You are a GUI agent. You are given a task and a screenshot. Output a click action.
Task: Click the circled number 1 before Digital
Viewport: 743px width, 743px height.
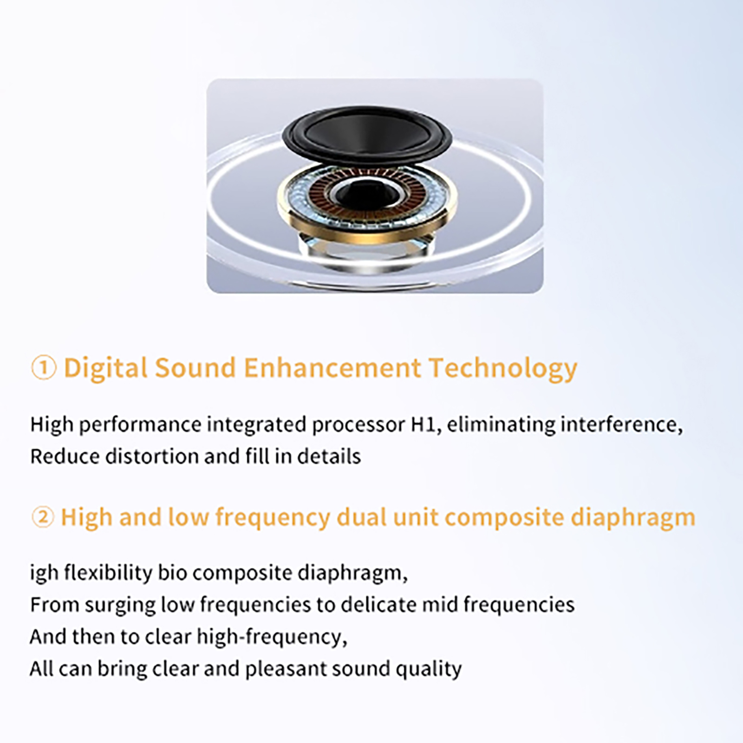coord(44,368)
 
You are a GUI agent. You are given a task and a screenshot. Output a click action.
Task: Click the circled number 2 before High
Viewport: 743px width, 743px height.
coord(43,517)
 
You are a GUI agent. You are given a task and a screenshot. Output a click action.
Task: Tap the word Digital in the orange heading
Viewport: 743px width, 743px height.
coord(106,368)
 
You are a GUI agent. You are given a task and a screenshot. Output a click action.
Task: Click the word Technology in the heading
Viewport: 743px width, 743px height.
coord(503,368)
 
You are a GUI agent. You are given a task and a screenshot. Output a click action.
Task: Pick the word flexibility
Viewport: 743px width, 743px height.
coord(108,573)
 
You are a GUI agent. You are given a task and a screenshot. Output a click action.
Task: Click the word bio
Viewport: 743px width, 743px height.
coord(172,573)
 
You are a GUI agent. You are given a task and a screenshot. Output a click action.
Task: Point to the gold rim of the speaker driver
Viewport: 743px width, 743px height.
coord(367,237)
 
